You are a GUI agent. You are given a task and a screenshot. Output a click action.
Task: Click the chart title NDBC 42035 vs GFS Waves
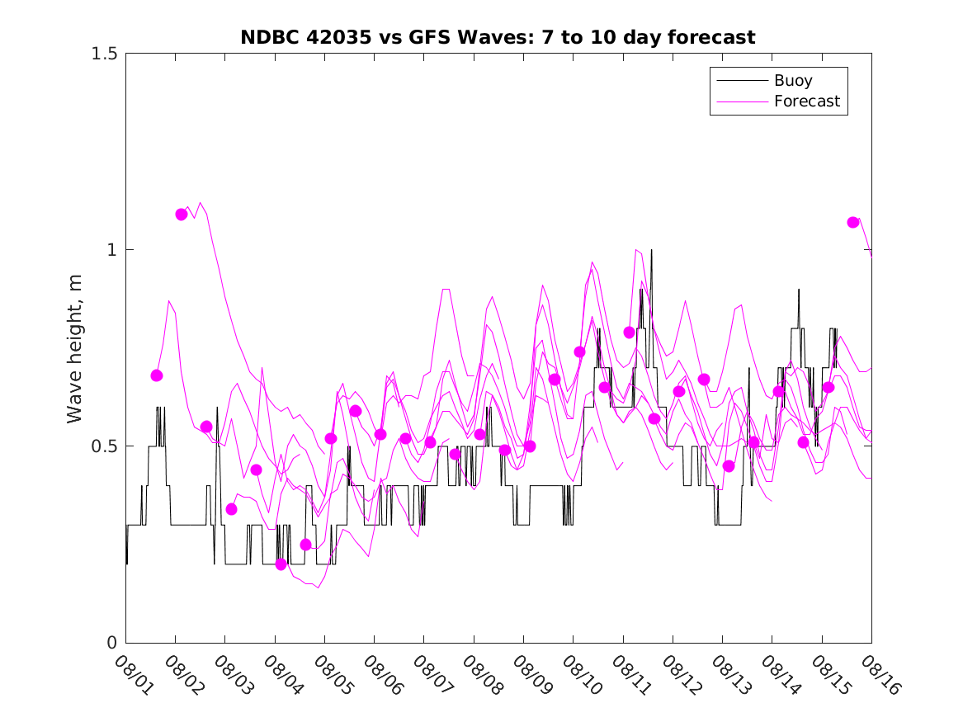point(498,37)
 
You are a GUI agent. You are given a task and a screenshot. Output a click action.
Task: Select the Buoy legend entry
point(792,81)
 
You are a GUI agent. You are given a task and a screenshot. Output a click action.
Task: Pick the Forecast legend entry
point(806,101)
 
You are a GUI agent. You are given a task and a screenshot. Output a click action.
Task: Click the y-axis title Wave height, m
point(75,347)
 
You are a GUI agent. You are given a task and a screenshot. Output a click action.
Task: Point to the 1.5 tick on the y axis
point(104,54)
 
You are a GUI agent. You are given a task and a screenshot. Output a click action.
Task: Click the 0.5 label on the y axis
point(104,446)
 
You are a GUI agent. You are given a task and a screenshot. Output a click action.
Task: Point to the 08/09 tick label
point(530,673)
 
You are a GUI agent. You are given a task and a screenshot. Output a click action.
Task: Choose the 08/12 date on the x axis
point(679,673)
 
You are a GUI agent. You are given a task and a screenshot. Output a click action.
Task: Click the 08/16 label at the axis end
point(878,673)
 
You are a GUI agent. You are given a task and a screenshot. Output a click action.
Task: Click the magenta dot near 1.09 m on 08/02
point(182,215)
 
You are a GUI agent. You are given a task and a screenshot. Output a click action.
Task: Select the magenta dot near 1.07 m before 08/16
point(853,222)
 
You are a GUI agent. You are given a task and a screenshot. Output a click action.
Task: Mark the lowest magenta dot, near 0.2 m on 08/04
point(281,564)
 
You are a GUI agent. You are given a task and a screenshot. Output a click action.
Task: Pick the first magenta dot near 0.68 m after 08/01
point(157,375)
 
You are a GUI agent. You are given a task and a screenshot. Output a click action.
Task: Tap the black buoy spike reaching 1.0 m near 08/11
point(651,250)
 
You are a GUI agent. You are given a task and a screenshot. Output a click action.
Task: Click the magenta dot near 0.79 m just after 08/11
point(630,333)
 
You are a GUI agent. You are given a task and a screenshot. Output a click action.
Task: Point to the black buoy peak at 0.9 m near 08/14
point(799,290)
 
